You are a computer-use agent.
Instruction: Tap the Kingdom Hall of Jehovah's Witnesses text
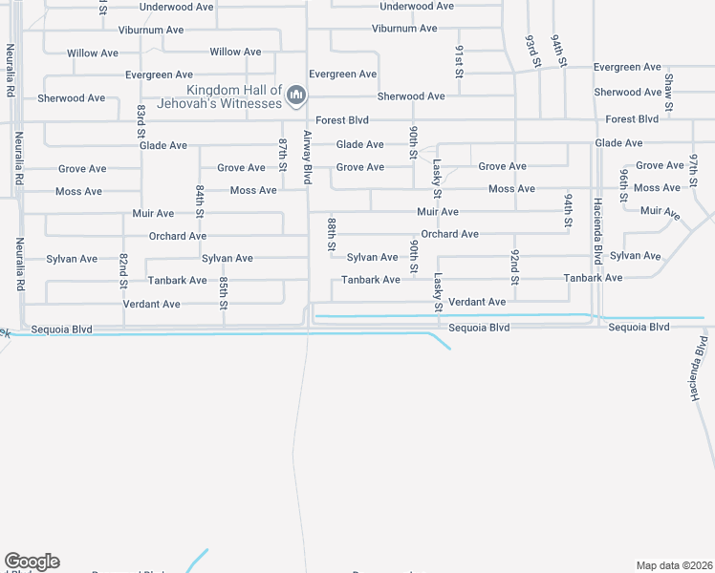pyautogui.click(x=234, y=96)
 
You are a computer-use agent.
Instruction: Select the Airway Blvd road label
pyautogui.click(x=308, y=157)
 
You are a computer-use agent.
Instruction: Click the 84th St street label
pyautogui.click(x=200, y=201)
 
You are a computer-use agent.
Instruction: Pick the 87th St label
pyautogui.click(x=283, y=154)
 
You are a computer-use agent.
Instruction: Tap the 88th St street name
pyautogui.click(x=332, y=233)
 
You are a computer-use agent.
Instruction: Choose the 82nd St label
pyautogui.click(x=123, y=271)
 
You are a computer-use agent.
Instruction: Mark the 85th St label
pyautogui.click(x=223, y=293)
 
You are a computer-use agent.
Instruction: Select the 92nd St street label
pyautogui.click(x=514, y=267)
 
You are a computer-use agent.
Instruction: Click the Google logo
pyautogui.click(x=32, y=562)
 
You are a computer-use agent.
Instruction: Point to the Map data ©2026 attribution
pyautogui.click(x=675, y=565)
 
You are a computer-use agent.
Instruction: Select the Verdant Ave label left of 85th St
pyautogui.click(x=151, y=305)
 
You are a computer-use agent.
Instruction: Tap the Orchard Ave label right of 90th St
pyautogui.click(x=449, y=234)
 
